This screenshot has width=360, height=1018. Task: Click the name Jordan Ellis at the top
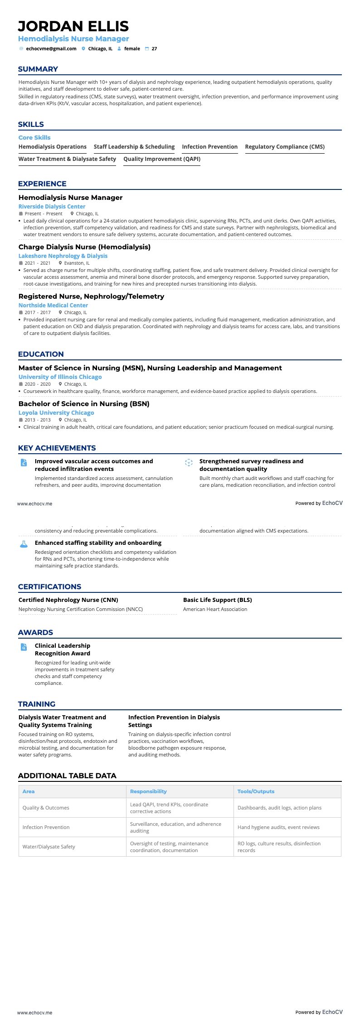click(x=73, y=26)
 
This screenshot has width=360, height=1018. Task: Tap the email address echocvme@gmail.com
click(x=51, y=48)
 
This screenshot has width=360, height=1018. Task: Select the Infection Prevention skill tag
click(x=209, y=147)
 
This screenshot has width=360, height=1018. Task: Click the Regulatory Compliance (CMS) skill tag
click(x=284, y=147)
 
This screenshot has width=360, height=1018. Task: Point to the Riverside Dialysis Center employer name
click(x=52, y=206)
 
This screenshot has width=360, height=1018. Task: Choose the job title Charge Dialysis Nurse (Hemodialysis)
click(x=84, y=247)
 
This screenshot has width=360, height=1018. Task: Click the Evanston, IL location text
click(x=77, y=263)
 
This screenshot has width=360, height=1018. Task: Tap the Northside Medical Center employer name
click(x=53, y=305)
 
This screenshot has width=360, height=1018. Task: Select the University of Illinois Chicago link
click(x=60, y=377)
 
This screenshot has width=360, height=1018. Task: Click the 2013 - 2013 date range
click(x=37, y=420)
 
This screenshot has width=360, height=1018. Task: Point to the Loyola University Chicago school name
click(x=56, y=413)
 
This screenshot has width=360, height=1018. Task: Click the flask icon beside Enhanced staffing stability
click(x=24, y=544)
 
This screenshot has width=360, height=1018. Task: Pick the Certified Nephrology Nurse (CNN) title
click(x=68, y=600)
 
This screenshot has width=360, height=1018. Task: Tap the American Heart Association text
click(x=215, y=609)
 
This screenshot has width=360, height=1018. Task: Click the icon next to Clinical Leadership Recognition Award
click(x=24, y=647)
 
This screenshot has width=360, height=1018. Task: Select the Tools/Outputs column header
click(x=256, y=791)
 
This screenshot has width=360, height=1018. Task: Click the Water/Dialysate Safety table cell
click(x=49, y=847)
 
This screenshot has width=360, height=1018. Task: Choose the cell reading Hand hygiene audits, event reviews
click(x=278, y=827)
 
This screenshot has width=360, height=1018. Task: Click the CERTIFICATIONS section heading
click(x=49, y=587)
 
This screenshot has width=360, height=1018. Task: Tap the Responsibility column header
click(x=148, y=791)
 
